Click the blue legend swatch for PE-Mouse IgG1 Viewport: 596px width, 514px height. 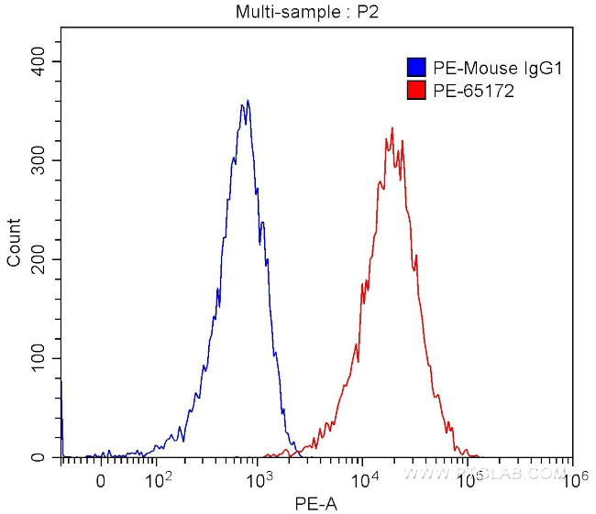pos(416,67)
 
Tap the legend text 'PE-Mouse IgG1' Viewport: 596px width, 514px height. pos(483,67)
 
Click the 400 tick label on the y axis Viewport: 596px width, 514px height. pos(38,61)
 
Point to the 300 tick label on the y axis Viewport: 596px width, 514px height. pos(38,160)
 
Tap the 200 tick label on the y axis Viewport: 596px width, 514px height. pos(38,259)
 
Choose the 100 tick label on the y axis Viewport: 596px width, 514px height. pos(38,358)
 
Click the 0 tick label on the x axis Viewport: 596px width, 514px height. pos(101,479)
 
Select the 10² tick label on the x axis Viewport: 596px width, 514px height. pos(159,478)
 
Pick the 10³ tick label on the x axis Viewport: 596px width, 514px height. pos(260,478)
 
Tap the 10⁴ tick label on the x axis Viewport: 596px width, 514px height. pos(364,478)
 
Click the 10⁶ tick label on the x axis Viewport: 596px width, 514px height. pos(572,478)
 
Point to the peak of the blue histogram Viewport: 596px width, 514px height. pos(248,101)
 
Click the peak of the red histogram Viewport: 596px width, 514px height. pos(392,128)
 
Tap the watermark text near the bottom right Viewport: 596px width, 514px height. pos(486,474)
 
